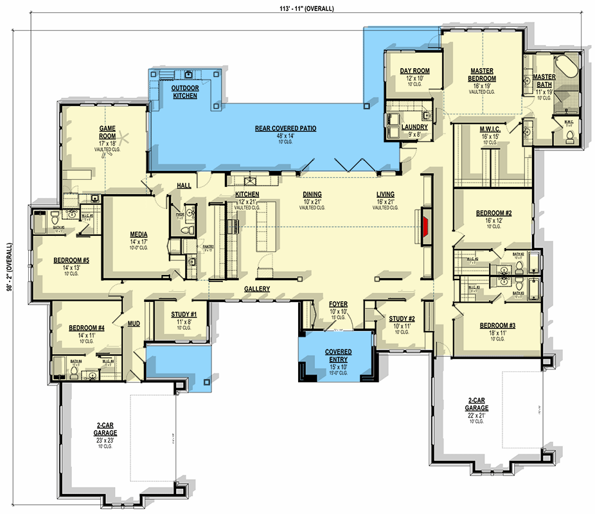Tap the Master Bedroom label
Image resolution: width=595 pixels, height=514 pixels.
coord(481,75)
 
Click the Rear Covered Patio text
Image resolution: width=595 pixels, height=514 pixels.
coord(285,128)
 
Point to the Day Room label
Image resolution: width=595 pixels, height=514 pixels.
coord(414,71)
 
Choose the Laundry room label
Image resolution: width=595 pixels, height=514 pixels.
coord(414,127)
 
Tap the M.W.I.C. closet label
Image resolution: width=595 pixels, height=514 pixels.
coord(490,130)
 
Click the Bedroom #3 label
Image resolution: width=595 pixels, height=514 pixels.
coord(497,326)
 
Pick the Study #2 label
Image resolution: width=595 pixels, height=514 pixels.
coord(402,319)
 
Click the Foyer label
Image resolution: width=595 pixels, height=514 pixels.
coord(339,304)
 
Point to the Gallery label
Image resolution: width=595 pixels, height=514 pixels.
coord(257,289)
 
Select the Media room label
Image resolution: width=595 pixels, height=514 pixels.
coord(139,235)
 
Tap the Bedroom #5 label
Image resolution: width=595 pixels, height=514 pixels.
coord(71,261)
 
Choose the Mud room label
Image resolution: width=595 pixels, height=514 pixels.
coord(134,324)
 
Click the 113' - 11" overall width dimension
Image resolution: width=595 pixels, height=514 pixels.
coord(298,8)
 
